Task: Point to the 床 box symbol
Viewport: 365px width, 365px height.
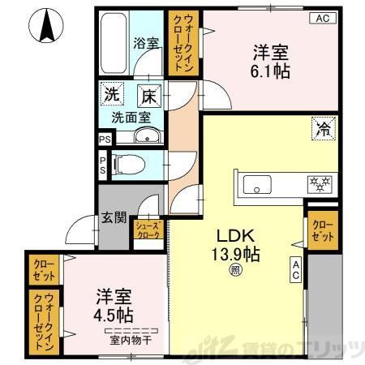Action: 148,95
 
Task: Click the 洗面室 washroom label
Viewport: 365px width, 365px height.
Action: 131,116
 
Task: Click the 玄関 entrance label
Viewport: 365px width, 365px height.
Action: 113,217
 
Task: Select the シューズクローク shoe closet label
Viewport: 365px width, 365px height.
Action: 148,230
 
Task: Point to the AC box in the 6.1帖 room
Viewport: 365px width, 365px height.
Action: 322,18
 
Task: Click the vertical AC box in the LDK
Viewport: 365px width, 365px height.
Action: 296,269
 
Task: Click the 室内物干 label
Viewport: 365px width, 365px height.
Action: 130,340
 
